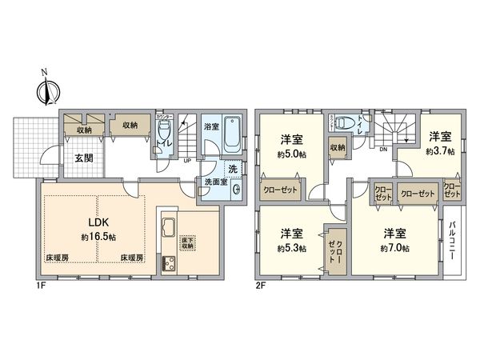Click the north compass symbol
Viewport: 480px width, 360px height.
click(x=45, y=90)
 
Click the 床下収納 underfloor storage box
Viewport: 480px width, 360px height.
click(x=191, y=242)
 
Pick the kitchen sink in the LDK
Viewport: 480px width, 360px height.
click(x=169, y=229)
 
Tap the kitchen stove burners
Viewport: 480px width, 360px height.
click(x=169, y=264)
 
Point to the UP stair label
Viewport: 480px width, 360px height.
click(x=187, y=160)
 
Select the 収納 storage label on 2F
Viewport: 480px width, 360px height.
click(x=338, y=147)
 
